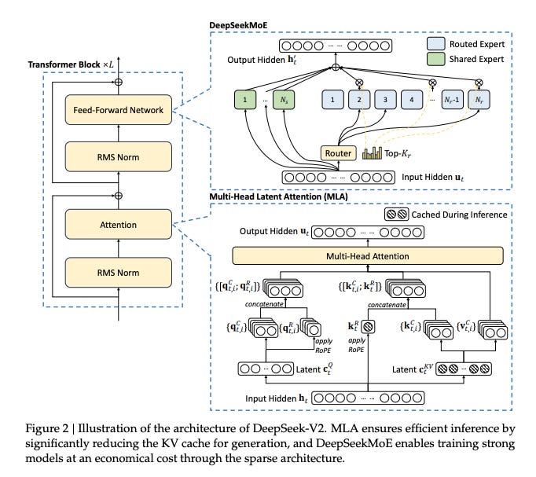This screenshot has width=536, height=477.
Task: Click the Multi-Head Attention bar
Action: tap(368, 255)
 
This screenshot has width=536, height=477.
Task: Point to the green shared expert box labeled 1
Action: tap(247, 101)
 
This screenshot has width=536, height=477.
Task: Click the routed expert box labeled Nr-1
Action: tap(449, 101)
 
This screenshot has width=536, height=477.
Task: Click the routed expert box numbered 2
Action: tap(359, 101)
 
